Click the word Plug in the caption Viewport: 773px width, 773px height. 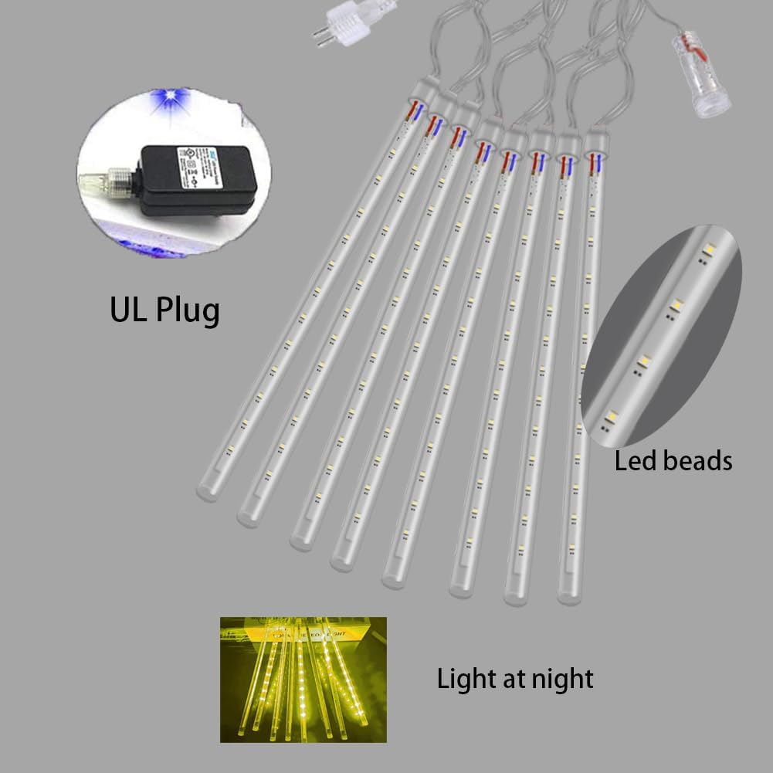(x=186, y=310)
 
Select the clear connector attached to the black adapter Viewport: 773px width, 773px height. (x=104, y=182)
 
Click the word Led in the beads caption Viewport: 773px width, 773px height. (x=633, y=461)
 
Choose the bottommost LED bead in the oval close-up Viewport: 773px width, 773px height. (x=612, y=417)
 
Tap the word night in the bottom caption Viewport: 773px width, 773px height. (x=561, y=679)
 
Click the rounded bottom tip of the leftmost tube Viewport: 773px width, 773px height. (x=207, y=491)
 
